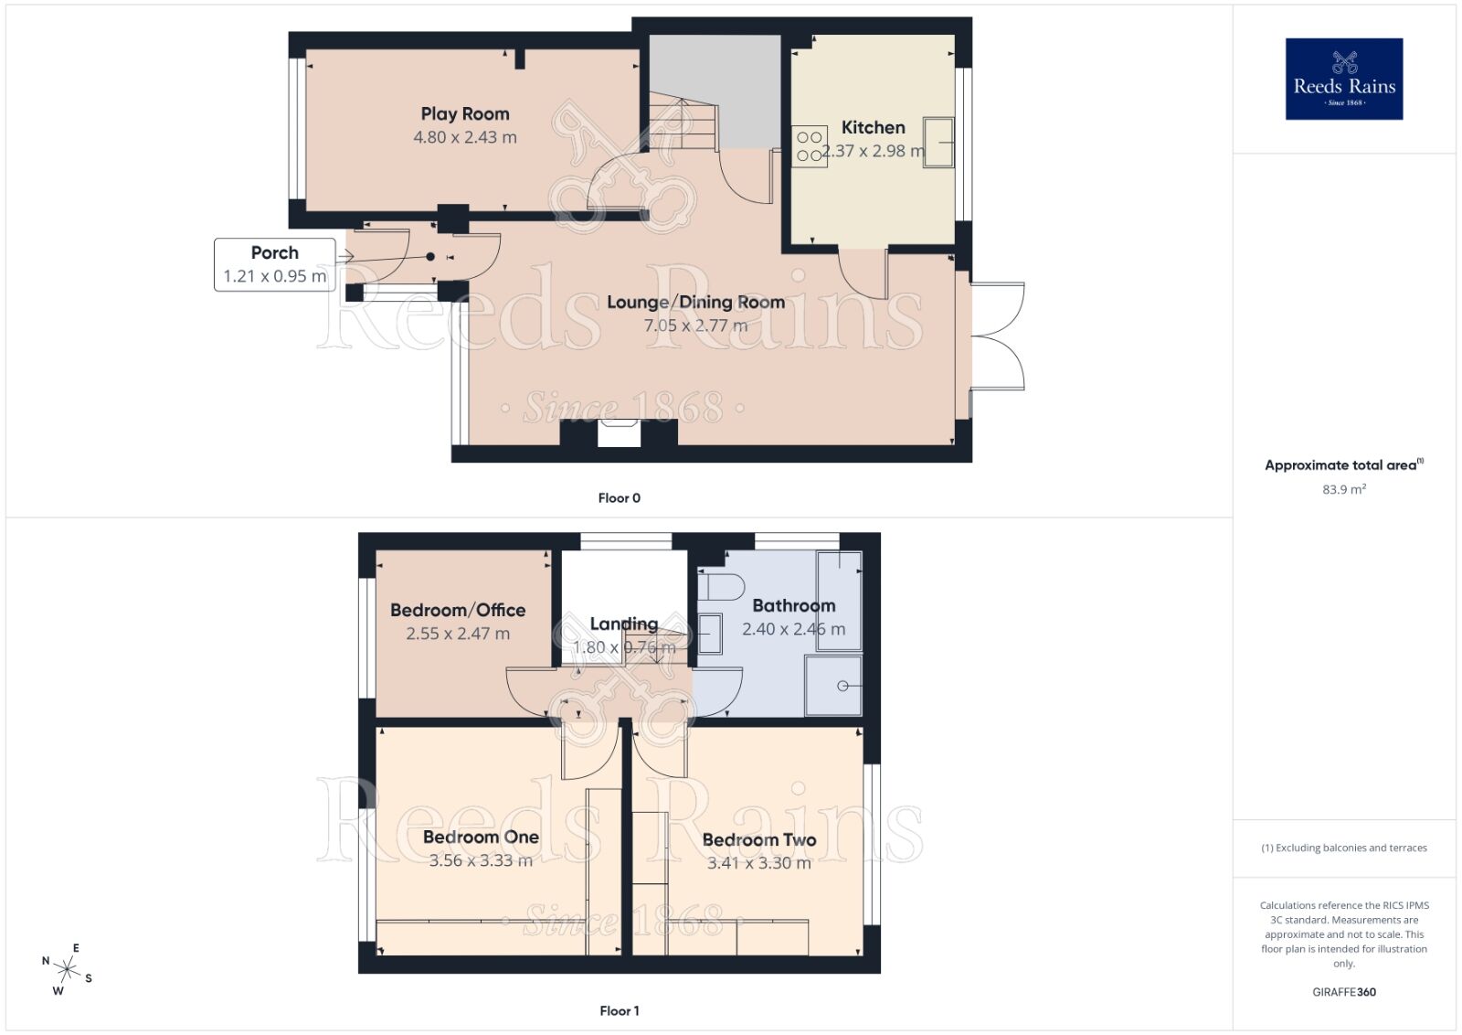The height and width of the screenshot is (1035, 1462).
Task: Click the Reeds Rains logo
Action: point(1343,79)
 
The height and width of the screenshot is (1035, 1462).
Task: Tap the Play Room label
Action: point(465,114)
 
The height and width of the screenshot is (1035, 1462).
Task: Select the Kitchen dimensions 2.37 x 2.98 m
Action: point(873,152)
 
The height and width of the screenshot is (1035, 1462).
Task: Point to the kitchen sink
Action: point(938,143)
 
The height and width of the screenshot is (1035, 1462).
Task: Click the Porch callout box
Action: point(274,264)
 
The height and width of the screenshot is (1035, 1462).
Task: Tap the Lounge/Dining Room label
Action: point(695,302)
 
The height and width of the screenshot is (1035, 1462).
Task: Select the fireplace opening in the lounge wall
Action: point(619,433)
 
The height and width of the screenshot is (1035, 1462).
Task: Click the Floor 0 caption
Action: point(619,498)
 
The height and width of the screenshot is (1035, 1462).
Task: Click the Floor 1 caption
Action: point(619,1010)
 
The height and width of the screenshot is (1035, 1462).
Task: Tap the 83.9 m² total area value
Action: point(1343,490)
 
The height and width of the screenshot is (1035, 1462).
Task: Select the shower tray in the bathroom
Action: point(833,686)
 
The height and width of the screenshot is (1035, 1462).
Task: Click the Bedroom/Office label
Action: point(458,610)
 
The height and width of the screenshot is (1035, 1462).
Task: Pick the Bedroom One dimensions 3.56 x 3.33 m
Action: point(481,861)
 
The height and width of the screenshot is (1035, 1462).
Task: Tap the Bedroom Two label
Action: point(758,839)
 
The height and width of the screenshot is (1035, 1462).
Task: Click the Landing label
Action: point(623,624)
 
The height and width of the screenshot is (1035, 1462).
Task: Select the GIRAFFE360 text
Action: point(1343,992)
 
